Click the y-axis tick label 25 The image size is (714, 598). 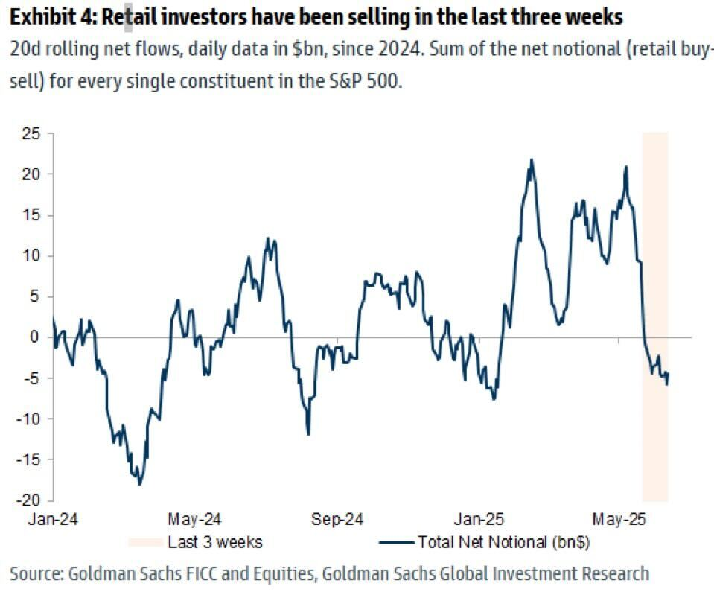click(31, 134)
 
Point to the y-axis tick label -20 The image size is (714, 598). click(28, 500)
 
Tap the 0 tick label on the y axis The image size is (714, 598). click(34, 337)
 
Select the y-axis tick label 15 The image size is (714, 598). click(31, 215)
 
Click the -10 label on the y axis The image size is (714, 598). click(28, 419)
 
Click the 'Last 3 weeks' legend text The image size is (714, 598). click(214, 541)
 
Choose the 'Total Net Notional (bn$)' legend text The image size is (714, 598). click(504, 541)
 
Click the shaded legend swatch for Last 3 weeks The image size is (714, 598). click(145, 541)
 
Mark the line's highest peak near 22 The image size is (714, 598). click(531, 159)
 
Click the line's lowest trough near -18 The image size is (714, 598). click(139, 483)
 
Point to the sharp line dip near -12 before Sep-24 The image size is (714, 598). click(308, 434)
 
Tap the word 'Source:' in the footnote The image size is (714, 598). click(36, 573)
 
